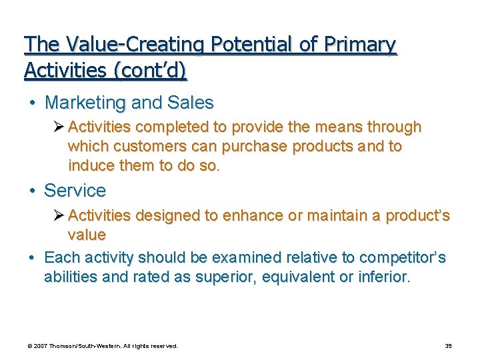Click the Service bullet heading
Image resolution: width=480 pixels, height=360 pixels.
75,191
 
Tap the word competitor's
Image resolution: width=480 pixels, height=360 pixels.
403,257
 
